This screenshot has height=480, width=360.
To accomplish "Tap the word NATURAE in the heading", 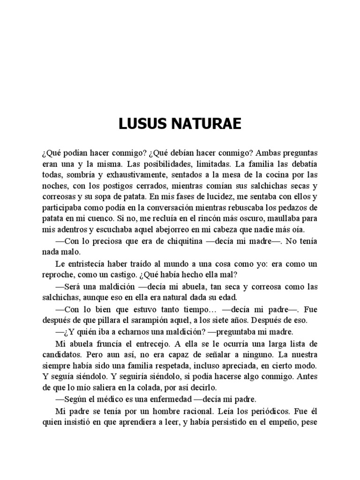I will pyautogui.click(x=207, y=124).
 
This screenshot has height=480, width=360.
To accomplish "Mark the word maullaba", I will pyautogui.click(x=291, y=218).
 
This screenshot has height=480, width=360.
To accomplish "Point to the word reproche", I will pyautogui.click(x=57, y=274).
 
